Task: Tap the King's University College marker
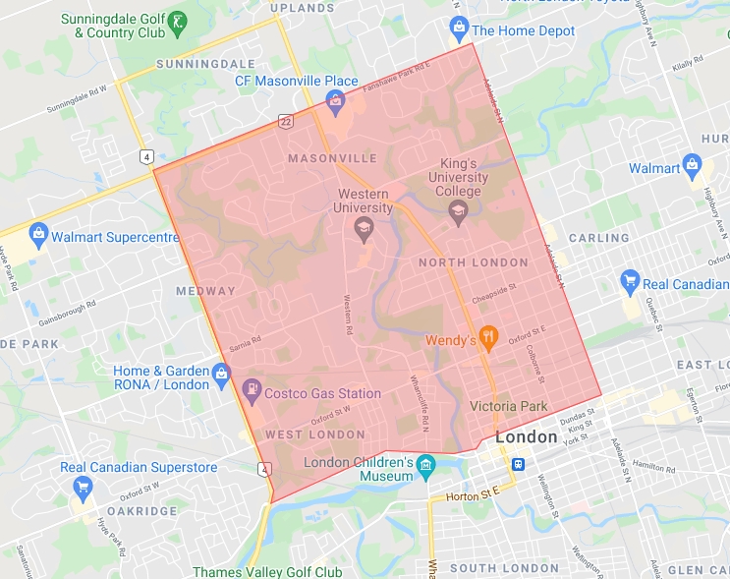[x=458, y=208]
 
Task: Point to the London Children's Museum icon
[x=425, y=463]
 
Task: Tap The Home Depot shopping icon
[x=458, y=27]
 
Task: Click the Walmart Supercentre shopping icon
[x=38, y=236]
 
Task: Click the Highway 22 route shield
[x=286, y=120]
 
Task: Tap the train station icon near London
[x=517, y=465]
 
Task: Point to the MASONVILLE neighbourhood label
[x=332, y=158]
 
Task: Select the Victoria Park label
[x=507, y=405]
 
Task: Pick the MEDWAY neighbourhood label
[x=205, y=291]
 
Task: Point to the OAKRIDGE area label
[x=141, y=511]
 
